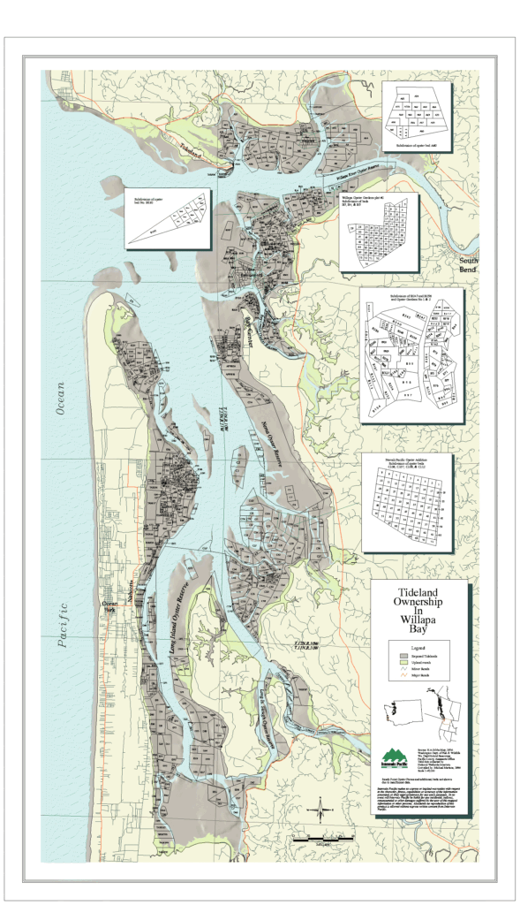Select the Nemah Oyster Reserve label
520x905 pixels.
click(281, 446)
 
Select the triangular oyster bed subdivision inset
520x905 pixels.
click(168, 217)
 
